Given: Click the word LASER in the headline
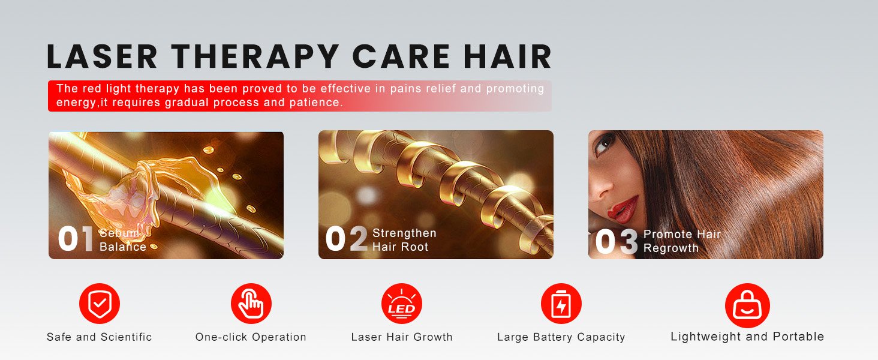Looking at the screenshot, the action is [x=102, y=56].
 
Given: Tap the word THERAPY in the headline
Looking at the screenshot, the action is [x=255, y=56].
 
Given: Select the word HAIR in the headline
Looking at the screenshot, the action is [x=507, y=56].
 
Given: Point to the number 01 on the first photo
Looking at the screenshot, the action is [x=76, y=239].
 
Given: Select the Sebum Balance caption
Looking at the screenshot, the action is [x=123, y=239].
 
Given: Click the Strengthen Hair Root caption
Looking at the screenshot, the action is [x=404, y=239].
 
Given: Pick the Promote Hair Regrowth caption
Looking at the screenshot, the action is [x=682, y=241].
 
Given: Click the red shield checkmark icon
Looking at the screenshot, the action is [x=100, y=304].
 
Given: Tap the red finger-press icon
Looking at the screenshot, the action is [x=251, y=304].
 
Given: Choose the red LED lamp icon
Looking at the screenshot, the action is [x=402, y=304].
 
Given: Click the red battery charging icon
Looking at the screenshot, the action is [x=561, y=304].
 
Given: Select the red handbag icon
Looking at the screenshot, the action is [x=747, y=305].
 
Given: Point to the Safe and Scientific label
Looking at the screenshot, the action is [x=99, y=337].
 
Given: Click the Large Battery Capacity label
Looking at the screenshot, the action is [x=561, y=337].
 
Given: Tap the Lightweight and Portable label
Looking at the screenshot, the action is [x=747, y=337].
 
